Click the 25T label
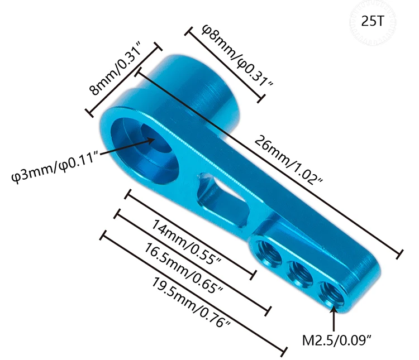tap(373, 21)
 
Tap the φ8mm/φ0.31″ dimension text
tap(237, 56)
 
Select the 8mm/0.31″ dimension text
tap(116, 68)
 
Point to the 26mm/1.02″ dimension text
tap(289, 160)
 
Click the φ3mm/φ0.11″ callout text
tap(56, 166)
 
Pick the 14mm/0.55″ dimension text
tap(187, 242)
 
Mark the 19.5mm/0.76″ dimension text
tap(191, 303)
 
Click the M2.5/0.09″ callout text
tap(337, 340)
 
